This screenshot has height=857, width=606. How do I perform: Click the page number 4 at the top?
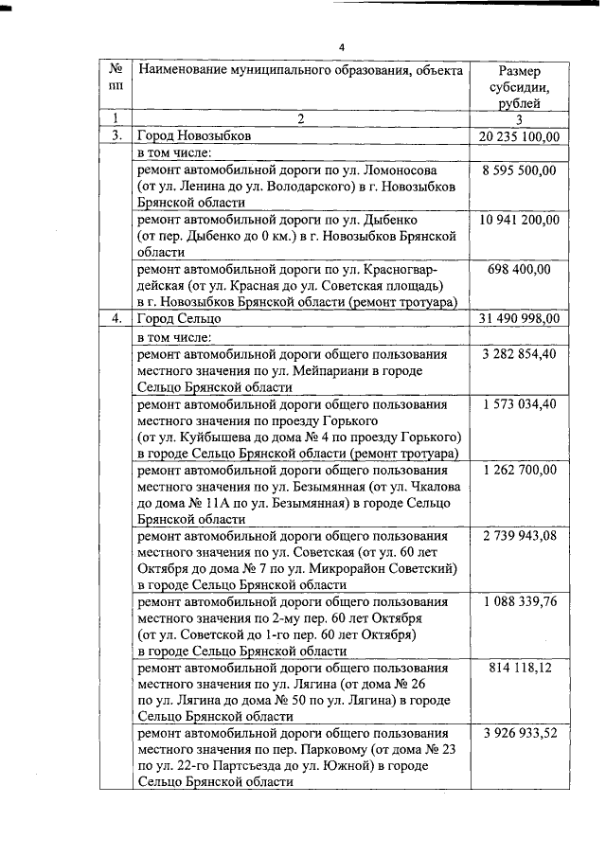[343, 47]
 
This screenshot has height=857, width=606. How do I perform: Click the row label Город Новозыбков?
[194, 136]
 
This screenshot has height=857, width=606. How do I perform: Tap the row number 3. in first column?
[116, 136]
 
